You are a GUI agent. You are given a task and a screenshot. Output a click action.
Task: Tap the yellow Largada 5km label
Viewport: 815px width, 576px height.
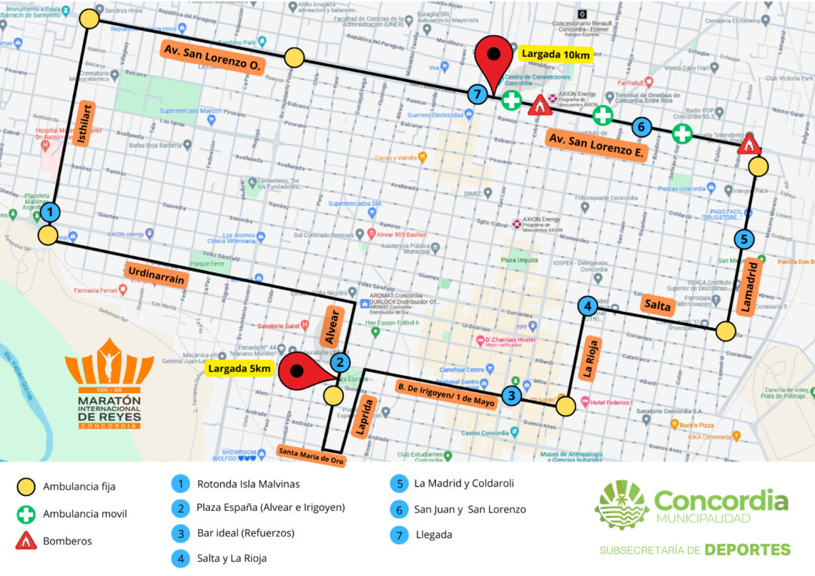coord(239,369)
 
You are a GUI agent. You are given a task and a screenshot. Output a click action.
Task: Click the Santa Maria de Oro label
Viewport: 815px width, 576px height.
coord(311,455)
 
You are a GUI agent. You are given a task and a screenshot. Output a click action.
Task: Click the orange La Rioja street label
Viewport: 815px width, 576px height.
coord(590,358)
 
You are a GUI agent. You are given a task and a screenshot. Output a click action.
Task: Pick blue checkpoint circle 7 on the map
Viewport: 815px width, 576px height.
coord(478,94)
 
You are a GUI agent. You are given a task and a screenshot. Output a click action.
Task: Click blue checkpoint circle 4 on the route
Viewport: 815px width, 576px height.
coord(587,307)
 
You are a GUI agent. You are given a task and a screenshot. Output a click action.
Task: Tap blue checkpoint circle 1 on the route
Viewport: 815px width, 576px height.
coord(49,212)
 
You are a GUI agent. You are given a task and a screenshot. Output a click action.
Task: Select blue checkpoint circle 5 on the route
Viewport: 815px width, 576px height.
coord(744,239)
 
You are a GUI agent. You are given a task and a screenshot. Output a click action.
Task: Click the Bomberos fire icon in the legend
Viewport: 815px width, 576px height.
coord(26,540)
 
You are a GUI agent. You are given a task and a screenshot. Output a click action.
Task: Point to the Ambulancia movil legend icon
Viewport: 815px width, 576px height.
coord(26,514)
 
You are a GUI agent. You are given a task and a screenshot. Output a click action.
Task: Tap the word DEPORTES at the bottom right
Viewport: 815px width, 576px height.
coord(747,550)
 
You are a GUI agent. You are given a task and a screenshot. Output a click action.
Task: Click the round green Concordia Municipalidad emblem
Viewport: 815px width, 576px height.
coord(621,504)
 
